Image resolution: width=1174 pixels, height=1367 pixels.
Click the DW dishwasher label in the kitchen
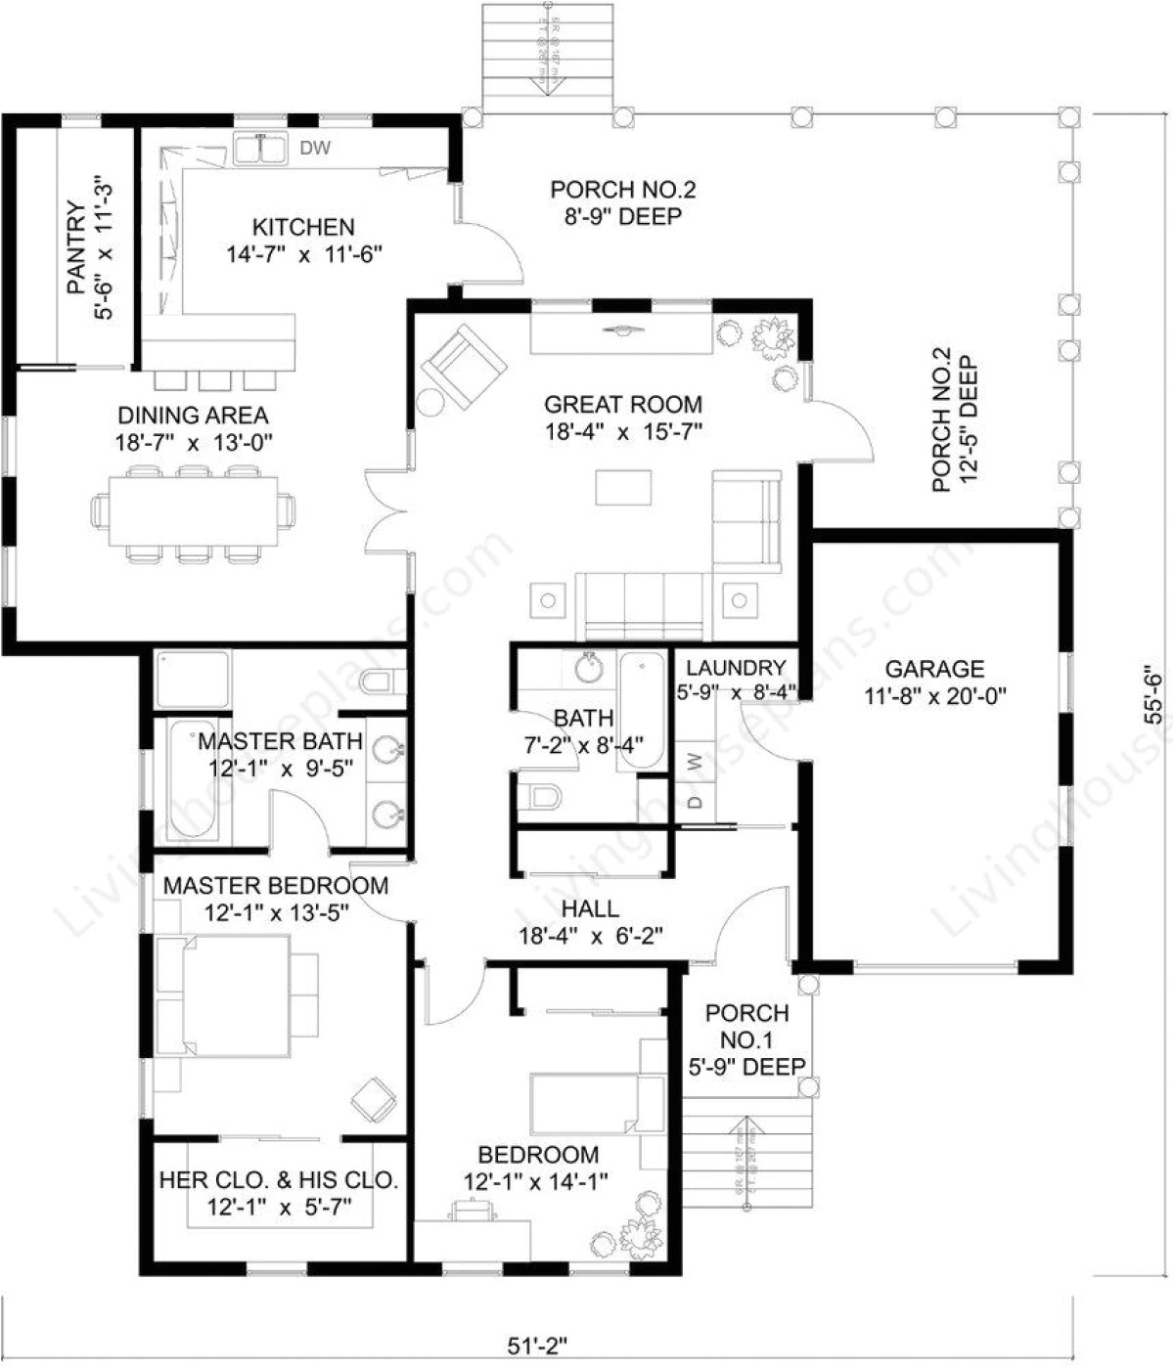(x=315, y=149)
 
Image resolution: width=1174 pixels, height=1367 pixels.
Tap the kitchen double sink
(x=260, y=150)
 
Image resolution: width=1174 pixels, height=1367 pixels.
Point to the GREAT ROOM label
(x=623, y=404)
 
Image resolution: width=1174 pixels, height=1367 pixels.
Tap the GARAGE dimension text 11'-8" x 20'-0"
(x=935, y=696)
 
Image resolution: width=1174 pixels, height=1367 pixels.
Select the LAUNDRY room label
(x=736, y=668)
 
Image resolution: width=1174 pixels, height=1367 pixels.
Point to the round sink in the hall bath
(x=590, y=670)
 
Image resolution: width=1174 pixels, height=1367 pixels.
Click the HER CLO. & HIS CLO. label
(x=279, y=1180)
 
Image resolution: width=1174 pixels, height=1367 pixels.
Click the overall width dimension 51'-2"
(x=537, y=1345)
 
